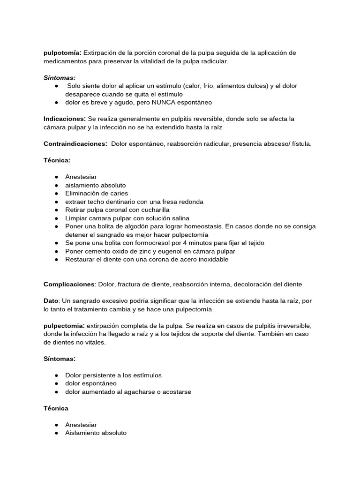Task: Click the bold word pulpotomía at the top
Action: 62,53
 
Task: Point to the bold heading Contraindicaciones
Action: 75,143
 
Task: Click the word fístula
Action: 300,143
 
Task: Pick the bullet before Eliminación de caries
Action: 56,193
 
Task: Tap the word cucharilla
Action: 154,210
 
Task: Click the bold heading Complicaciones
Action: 69,284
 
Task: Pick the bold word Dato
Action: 52,301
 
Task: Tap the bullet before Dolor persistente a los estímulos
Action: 56,375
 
